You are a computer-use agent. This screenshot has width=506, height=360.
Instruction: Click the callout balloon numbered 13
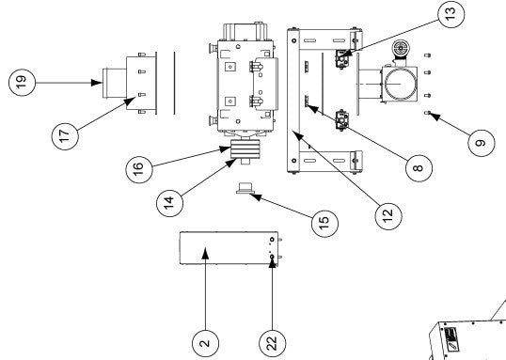[451, 14]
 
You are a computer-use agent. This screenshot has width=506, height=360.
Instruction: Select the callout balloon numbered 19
[22, 83]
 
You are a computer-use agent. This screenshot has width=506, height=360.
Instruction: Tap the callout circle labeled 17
[65, 136]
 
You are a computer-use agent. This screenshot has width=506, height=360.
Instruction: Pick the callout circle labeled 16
[139, 170]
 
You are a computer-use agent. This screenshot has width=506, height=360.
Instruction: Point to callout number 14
[169, 203]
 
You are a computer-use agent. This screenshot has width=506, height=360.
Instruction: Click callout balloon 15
[325, 223]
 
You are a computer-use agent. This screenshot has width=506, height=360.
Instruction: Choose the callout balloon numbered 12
[388, 216]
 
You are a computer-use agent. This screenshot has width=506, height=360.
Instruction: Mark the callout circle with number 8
[419, 168]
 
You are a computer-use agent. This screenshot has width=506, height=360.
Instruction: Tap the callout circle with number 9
[482, 143]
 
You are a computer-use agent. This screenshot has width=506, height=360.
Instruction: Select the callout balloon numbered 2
[205, 343]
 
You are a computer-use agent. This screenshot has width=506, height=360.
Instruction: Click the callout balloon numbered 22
[273, 343]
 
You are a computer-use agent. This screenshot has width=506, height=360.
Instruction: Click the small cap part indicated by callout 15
[245, 188]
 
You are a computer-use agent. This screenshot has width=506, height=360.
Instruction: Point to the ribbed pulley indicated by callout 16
[245, 149]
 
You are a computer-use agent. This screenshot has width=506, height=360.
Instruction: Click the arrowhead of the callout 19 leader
[97, 83]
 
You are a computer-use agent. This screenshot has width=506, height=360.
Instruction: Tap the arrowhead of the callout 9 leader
[435, 117]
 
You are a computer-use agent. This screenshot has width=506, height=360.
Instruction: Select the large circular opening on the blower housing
[399, 84]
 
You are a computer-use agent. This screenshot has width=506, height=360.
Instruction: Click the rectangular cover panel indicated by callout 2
[229, 248]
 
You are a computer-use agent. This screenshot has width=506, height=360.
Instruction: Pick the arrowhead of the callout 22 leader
[273, 261]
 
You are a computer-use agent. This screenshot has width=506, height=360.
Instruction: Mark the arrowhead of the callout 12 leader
[297, 135]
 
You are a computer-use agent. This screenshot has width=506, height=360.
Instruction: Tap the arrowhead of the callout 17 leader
[130, 101]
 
